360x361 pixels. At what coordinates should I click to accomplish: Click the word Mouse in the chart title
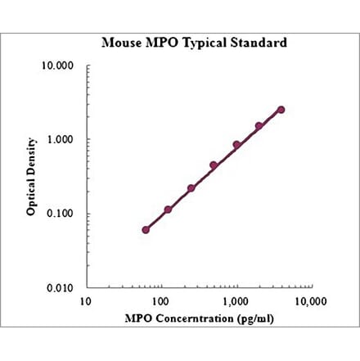(119, 43)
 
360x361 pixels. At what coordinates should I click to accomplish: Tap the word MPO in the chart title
(158, 43)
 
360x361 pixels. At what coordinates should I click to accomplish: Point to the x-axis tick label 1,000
(235, 301)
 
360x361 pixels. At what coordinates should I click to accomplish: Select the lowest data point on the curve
(146, 229)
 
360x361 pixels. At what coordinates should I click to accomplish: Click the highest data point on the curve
(281, 109)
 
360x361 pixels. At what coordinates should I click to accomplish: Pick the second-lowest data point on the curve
(168, 210)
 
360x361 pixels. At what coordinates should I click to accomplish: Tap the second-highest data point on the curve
(259, 126)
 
